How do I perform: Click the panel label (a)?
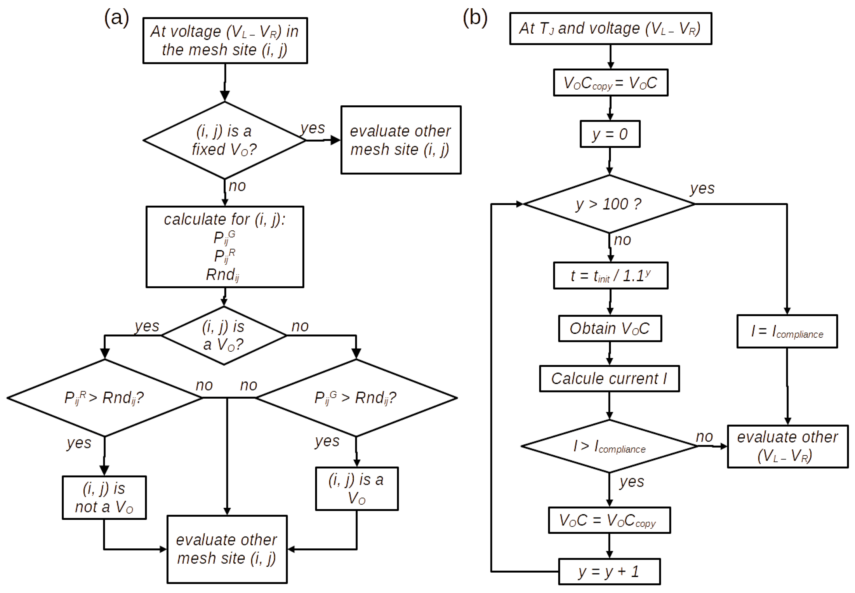tap(116, 17)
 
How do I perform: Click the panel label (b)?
tap(475, 17)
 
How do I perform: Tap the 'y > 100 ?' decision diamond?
tap(609, 204)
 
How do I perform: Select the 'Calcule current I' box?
tap(609, 378)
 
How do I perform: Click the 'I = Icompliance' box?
tap(787, 331)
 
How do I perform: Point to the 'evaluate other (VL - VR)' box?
tap(787, 446)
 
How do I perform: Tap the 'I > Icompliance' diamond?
tap(609, 446)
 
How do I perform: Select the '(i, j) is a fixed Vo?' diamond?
tap(225, 140)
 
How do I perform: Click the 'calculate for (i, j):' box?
tap(225, 247)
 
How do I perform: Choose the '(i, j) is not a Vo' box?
tap(104, 498)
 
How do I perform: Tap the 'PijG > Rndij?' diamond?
tap(356, 398)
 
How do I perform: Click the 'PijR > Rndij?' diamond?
tap(104, 398)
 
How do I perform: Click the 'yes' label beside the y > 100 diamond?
tap(702, 188)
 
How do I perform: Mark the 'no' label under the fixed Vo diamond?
tap(237, 186)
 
